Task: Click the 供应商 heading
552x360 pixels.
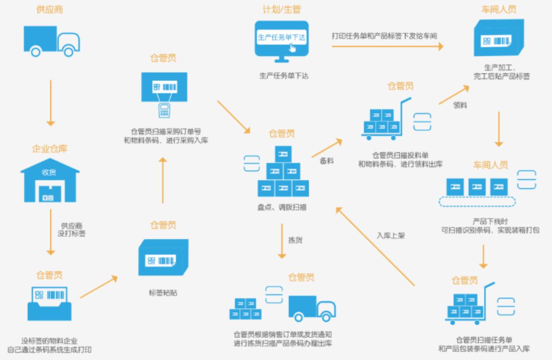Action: (50, 10)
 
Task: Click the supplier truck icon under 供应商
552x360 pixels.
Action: (52, 41)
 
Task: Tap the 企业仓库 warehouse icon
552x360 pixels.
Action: (50, 179)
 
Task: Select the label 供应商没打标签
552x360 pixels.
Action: (72, 230)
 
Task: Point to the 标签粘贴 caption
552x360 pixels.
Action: (163, 292)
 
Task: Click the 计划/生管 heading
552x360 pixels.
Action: (282, 9)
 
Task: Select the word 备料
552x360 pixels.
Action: (327, 161)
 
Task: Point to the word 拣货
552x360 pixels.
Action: (295, 241)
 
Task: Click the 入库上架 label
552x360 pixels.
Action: (390, 236)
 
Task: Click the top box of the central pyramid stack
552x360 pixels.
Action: (283, 153)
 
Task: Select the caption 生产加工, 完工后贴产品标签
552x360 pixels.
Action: (501, 72)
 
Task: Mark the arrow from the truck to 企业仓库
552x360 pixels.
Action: (51, 103)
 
